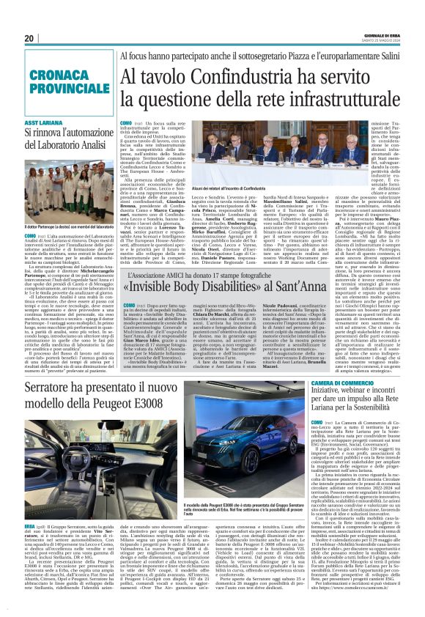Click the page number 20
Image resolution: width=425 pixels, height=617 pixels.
click(29, 39)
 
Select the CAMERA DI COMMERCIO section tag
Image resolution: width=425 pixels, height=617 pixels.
click(346, 383)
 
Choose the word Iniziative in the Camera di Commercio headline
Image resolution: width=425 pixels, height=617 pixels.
click(333, 394)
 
